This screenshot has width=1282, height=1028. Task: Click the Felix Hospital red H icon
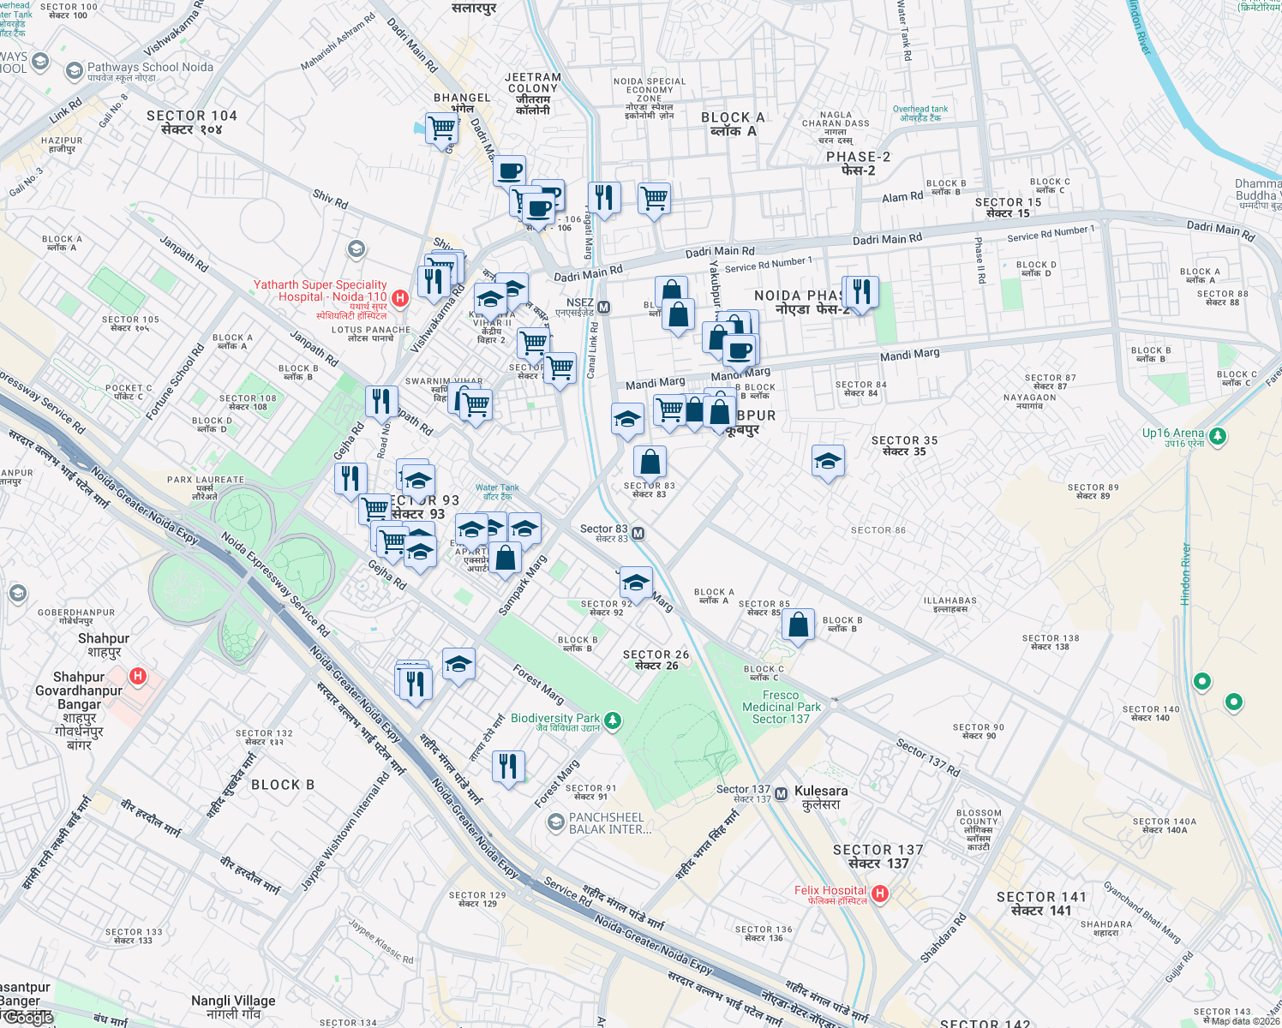tap(879, 894)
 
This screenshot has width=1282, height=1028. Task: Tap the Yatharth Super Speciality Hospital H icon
tap(399, 297)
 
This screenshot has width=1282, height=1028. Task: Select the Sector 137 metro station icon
tap(781, 794)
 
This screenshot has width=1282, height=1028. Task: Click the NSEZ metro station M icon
tap(603, 308)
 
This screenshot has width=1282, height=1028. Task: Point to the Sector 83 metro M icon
tap(638, 534)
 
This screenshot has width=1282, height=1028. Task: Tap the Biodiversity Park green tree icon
tap(612, 720)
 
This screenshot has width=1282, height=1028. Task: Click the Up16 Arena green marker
tap(1217, 436)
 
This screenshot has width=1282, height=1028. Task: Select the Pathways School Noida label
tap(150, 67)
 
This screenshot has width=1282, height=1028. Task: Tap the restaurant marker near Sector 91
tap(509, 764)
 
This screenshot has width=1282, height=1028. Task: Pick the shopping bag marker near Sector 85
tap(798, 625)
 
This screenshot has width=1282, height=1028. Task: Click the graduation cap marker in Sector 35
tap(828, 462)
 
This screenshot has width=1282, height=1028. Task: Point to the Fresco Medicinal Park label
tap(781, 707)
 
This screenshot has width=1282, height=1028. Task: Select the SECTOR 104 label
tap(191, 122)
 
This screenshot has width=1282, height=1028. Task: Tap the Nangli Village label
tap(233, 1007)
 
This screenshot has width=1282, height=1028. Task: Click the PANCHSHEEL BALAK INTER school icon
tap(555, 822)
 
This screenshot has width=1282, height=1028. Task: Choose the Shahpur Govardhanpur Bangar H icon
tap(137, 677)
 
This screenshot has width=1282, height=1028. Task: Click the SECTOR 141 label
tap(1041, 903)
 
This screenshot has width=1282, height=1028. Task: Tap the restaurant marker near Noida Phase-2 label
tap(861, 291)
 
